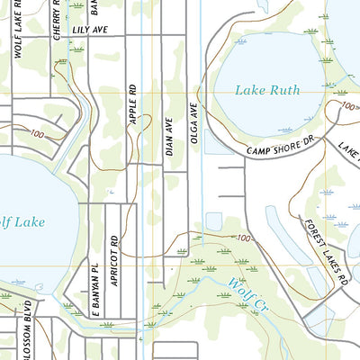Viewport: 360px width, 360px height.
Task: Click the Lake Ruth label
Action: [266, 90]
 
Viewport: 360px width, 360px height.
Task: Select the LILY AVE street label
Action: [89, 30]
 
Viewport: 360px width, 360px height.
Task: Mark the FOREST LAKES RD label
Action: [324, 252]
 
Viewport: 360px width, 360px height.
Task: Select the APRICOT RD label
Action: [114, 260]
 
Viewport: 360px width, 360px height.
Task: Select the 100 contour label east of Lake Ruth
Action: [349, 106]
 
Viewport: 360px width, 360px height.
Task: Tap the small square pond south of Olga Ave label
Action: [213, 220]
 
